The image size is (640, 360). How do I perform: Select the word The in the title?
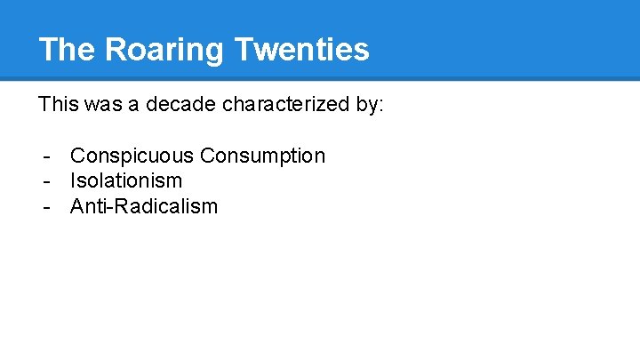click(x=68, y=50)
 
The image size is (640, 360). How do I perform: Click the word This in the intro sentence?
click(x=58, y=105)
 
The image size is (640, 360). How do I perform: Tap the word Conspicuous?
click(x=132, y=156)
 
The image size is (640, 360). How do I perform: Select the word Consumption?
click(x=263, y=156)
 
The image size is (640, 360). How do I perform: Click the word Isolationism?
click(x=126, y=181)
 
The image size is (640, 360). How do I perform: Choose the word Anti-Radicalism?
click(x=144, y=207)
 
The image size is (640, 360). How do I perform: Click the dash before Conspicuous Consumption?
click(x=44, y=157)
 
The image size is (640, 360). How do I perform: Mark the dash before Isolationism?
click(x=44, y=182)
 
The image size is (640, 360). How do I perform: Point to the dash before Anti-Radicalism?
click(x=44, y=208)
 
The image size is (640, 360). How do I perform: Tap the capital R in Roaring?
click(x=116, y=50)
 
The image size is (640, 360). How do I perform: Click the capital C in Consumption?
click(x=208, y=156)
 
